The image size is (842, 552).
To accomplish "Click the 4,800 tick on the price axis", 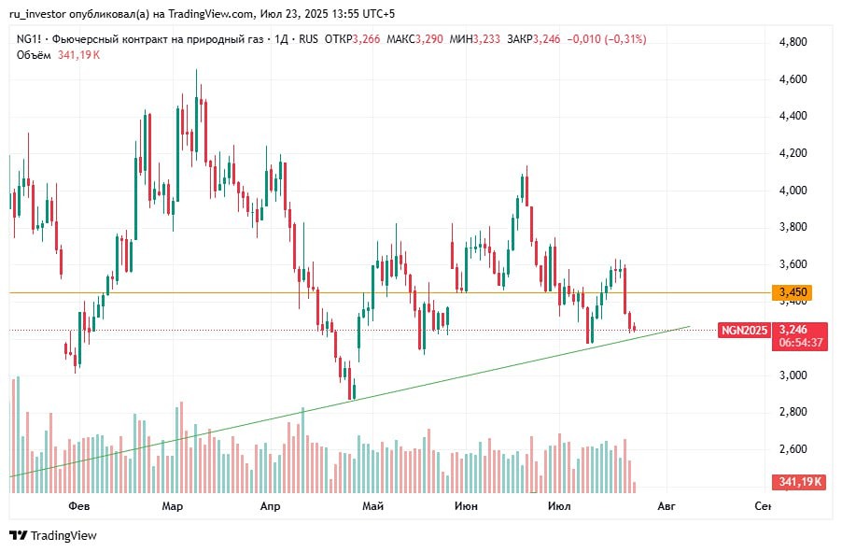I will coord(793,42).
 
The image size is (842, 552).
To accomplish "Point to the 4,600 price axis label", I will coord(793,79).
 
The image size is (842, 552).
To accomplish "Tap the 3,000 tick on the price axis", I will coord(793,375).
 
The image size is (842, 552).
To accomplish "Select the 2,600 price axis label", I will coord(793,449).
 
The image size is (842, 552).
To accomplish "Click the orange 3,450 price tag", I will coord(793,293).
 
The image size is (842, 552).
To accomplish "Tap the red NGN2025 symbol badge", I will coord(744,330).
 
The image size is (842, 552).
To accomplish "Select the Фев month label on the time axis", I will coord(78,506).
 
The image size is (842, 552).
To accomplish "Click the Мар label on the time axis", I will coord(172,506).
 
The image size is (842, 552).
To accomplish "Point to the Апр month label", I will coord(270,506).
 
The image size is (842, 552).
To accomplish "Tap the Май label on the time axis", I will coord(373,506).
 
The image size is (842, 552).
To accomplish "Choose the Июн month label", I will coord(465,506).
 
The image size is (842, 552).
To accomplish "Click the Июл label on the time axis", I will coord(559,506).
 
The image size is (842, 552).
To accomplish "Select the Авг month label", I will coord(666,506).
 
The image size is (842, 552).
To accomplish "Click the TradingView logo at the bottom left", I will coord(53,535).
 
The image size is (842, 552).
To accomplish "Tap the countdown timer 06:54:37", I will coord(801,343).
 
